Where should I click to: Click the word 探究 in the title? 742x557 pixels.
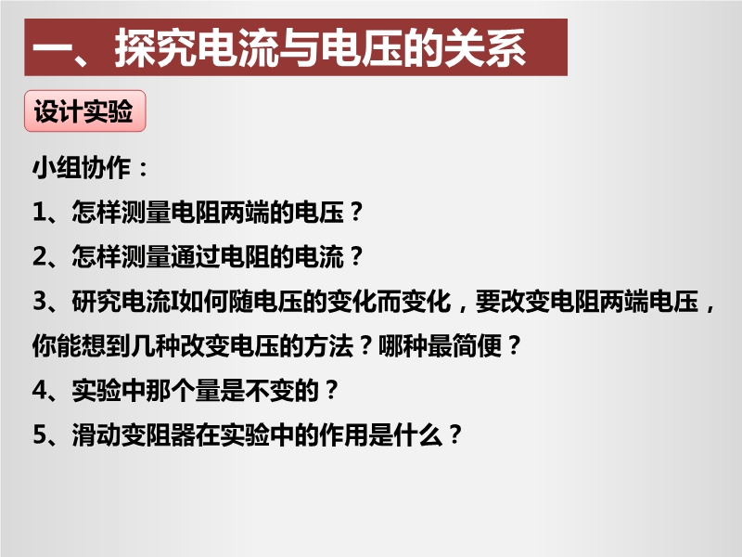pos(155,47)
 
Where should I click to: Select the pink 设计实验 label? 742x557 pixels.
pos(84,110)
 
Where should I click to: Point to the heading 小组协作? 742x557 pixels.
pos(82,168)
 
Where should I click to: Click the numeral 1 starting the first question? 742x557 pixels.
pos(39,212)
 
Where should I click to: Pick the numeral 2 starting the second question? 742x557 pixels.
pos(40,256)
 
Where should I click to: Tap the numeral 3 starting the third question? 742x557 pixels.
pos(40,301)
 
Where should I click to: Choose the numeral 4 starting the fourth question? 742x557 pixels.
pos(40,390)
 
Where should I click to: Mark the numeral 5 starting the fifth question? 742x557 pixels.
pos(40,434)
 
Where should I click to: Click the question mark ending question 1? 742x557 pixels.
pos(357,212)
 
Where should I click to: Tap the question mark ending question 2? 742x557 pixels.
pos(357,256)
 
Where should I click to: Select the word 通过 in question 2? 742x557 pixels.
pos(195,256)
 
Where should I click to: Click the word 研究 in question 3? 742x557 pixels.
pos(96,301)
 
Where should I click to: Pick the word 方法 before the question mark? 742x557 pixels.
pos(329,345)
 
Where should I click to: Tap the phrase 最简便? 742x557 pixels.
pos(465,345)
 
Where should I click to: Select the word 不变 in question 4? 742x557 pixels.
pos(270,390)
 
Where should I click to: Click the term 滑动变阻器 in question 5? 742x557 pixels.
pos(134,434)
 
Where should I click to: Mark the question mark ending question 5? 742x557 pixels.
pos(455,434)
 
